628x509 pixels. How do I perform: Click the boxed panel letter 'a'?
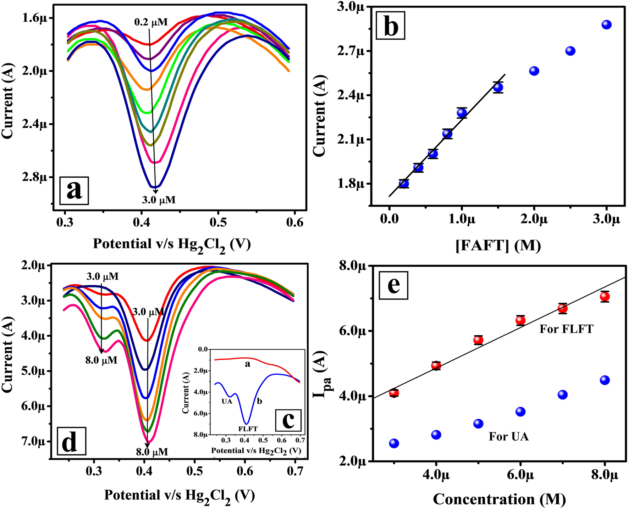(x=74, y=190)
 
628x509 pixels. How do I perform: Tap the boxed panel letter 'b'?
(x=391, y=25)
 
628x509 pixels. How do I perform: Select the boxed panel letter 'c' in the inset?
(x=288, y=420)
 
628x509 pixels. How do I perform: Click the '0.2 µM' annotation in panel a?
(x=151, y=22)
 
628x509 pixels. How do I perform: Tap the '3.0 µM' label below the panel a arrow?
(x=159, y=200)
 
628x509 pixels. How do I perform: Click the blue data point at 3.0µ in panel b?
(x=607, y=25)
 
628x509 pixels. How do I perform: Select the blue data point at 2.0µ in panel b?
(x=534, y=71)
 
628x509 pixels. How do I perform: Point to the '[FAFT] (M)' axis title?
(x=498, y=245)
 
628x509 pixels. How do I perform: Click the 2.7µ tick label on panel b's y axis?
(x=353, y=51)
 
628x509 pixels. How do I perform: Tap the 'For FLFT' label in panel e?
(x=566, y=329)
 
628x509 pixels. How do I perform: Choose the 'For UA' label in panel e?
(x=508, y=436)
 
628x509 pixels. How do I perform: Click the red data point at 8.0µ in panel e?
(x=605, y=296)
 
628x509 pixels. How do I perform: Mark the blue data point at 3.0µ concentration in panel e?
(x=394, y=443)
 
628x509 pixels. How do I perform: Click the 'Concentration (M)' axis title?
(x=499, y=499)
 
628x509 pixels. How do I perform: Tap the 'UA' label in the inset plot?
(x=227, y=402)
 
